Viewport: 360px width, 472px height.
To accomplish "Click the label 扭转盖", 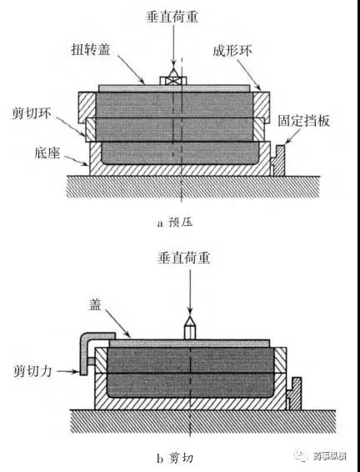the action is (91, 49).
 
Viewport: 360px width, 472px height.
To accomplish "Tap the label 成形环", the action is (232, 50).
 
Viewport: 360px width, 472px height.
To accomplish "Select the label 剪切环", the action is (32, 113).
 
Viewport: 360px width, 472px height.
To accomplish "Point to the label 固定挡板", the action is (303, 121).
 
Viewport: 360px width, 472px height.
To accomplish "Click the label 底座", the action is (47, 153).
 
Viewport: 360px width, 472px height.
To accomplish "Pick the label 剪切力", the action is (32, 371).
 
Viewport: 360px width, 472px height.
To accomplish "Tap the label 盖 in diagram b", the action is (95, 304).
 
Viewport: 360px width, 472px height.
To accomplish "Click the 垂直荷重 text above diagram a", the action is (172, 16).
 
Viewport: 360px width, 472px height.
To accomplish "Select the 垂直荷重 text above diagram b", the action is (183, 258).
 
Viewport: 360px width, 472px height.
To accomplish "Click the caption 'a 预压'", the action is (175, 223).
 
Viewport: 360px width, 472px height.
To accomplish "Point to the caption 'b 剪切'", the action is (175, 458).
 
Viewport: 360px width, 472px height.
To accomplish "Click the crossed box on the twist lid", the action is (173, 81).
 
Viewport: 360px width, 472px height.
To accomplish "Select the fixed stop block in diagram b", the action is (294, 394).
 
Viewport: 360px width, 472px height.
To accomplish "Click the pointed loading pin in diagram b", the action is (190, 328).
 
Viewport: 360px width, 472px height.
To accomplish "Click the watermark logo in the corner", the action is (302, 455).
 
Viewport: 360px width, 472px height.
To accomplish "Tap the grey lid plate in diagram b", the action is (189, 344).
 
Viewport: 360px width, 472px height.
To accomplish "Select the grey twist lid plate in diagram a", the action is (174, 88).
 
